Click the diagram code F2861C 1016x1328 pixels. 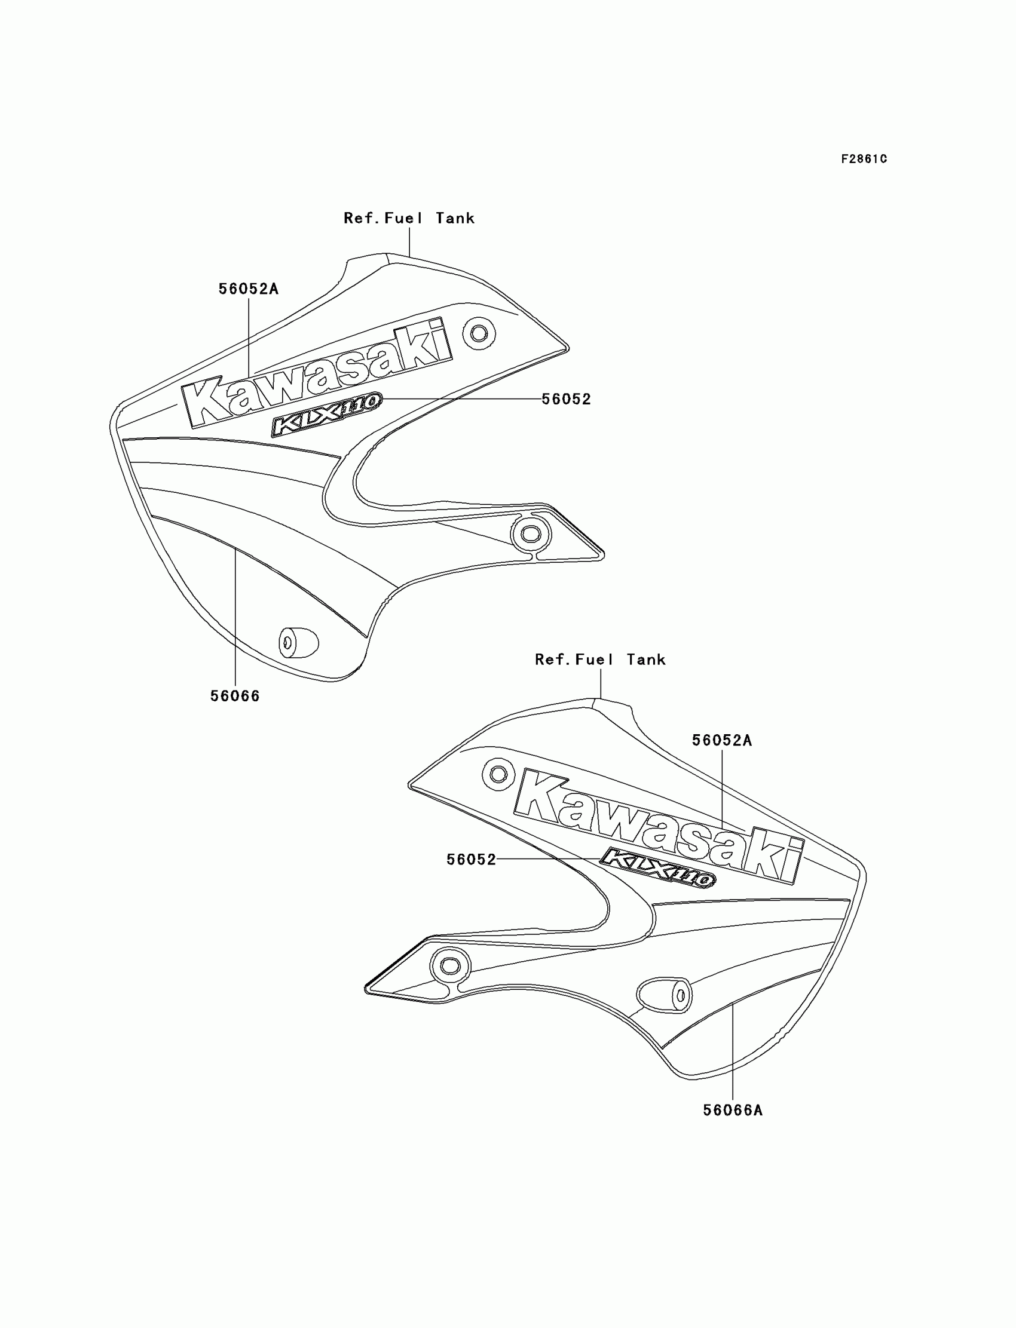pyautogui.click(x=864, y=159)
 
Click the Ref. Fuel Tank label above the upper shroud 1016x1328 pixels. pyautogui.click(x=409, y=218)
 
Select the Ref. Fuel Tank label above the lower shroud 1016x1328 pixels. pyautogui.click(x=600, y=660)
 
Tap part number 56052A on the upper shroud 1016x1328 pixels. pyautogui.click(x=249, y=289)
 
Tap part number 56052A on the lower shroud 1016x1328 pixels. pyautogui.click(x=721, y=740)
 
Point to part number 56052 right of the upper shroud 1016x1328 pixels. pyautogui.click(x=566, y=399)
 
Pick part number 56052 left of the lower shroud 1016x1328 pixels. pyautogui.click(x=471, y=860)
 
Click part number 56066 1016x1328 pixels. pyautogui.click(x=235, y=697)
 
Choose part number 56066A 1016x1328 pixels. pyautogui.click(x=732, y=1111)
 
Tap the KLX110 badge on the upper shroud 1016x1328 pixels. pyautogui.click(x=326, y=413)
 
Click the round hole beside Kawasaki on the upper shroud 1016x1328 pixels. pyautogui.click(x=479, y=333)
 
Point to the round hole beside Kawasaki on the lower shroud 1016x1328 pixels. pyautogui.click(x=498, y=774)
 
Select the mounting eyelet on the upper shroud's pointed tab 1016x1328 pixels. pyautogui.click(x=531, y=533)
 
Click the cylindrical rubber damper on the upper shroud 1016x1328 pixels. pyautogui.click(x=298, y=642)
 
